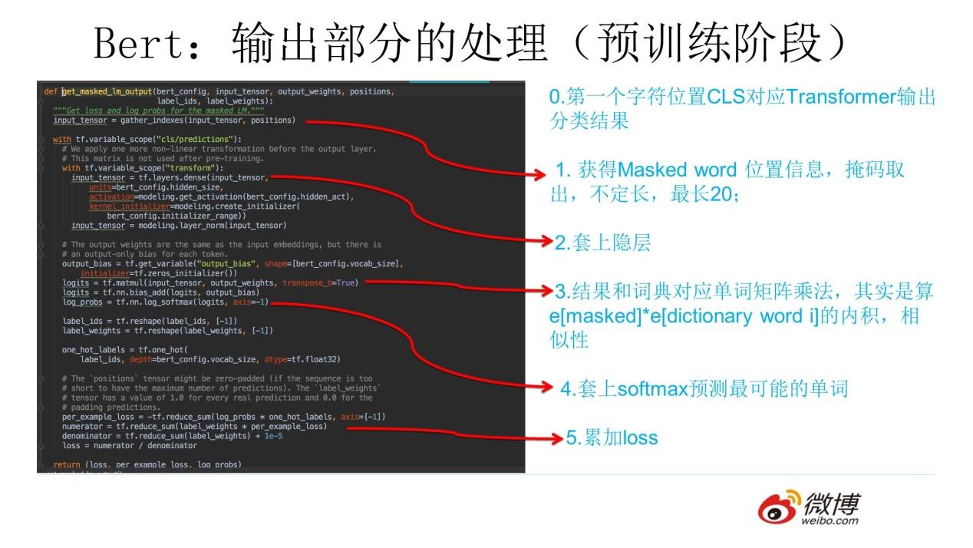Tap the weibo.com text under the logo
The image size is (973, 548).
(x=830, y=522)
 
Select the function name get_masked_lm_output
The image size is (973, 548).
(x=107, y=91)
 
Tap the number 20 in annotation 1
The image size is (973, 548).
(x=721, y=195)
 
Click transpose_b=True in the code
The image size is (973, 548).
(x=320, y=282)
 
